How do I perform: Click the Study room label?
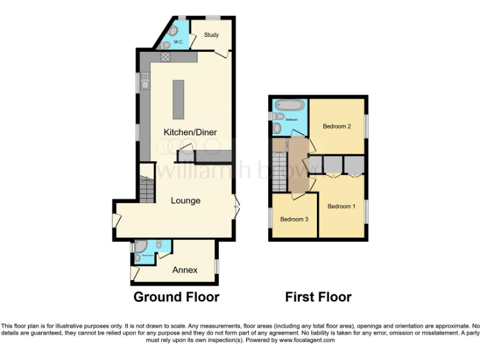pos(211,35)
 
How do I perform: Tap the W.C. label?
pos(177,42)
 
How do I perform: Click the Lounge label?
pos(186,201)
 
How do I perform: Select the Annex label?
pos(185,270)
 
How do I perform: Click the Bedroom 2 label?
pos(336,127)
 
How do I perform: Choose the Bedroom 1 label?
pos(341,206)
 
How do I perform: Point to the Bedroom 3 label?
pos(293,219)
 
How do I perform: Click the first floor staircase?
pos(279,169)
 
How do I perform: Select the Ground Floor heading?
pos(176,297)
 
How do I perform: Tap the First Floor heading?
pos(318,297)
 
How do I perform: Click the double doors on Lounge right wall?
pos(236,206)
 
